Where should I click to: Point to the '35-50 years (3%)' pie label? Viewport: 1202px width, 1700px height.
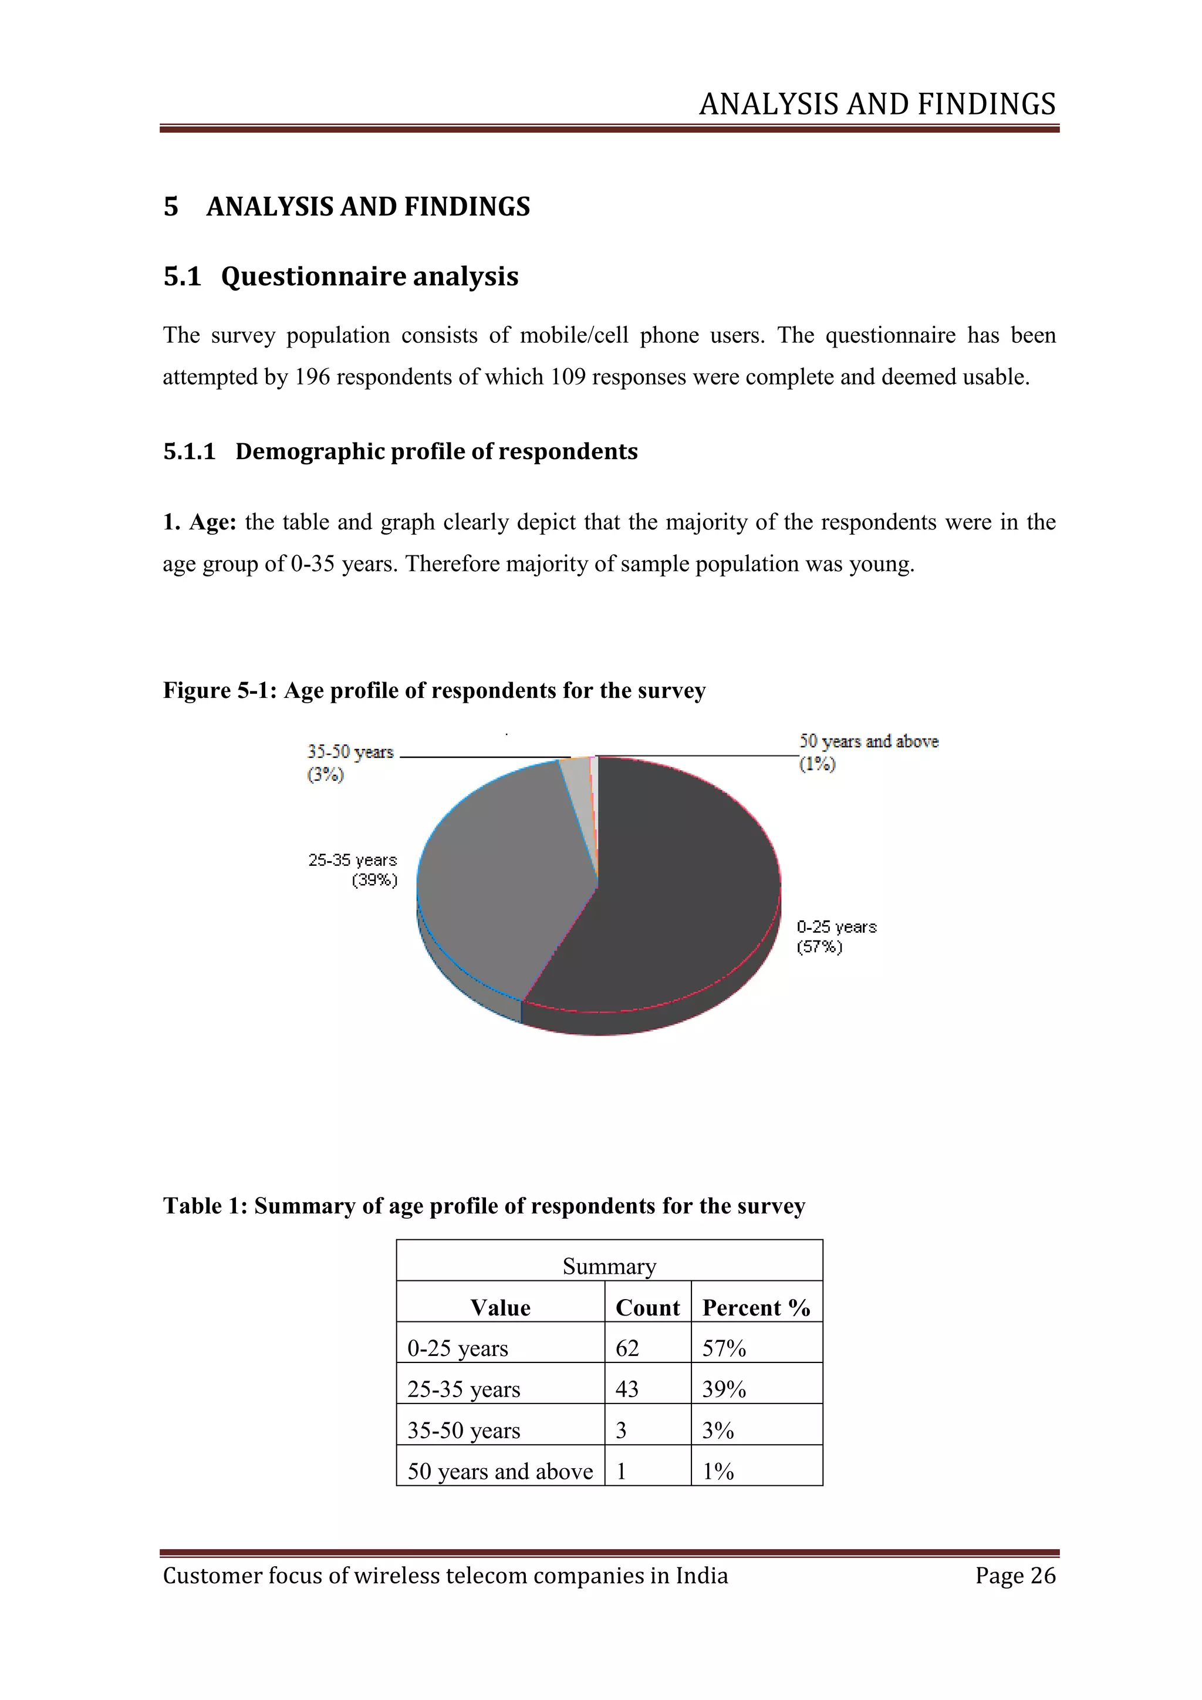coord(350,763)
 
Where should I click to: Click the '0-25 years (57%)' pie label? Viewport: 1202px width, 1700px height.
coord(836,937)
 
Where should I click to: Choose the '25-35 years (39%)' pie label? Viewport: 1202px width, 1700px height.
coord(353,870)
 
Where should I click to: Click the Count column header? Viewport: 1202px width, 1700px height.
coord(647,1307)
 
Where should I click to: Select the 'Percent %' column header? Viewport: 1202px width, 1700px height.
coord(756,1307)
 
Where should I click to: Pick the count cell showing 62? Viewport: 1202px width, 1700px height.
coord(627,1348)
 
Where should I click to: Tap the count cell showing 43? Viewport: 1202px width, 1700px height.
coord(627,1389)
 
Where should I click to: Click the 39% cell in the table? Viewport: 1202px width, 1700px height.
coord(723,1389)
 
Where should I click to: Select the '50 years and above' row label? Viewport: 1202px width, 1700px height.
coord(499,1471)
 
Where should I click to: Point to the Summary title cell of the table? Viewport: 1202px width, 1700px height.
coord(609,1266)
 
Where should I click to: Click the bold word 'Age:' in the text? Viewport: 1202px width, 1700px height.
coord(212,522)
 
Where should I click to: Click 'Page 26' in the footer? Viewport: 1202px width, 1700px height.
coord(1015,1575)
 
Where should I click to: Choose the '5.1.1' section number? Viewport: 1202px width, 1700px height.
coord(189,451)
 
